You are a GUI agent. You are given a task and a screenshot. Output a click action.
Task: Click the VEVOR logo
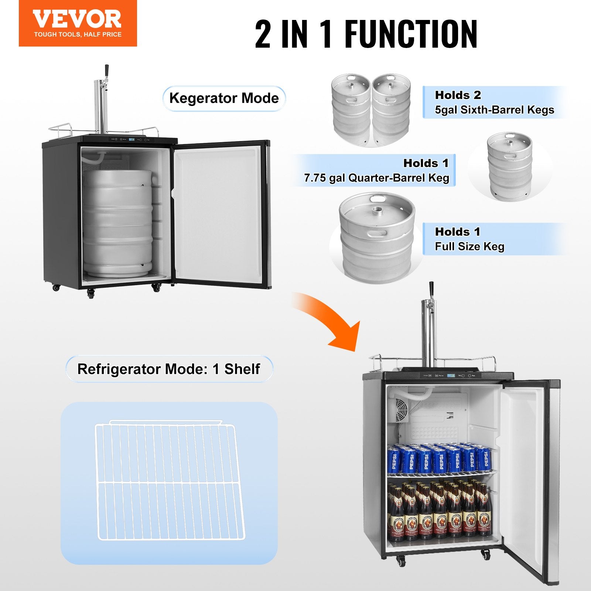(x=77, y=19)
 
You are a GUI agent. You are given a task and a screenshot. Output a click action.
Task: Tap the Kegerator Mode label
(x=224, y=98)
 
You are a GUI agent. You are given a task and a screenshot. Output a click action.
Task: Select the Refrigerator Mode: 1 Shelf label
(x=169, y=369)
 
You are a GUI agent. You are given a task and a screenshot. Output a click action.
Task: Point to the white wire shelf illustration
(x=169, y=480)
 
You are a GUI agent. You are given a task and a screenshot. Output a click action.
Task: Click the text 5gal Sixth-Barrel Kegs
(x=494, y=110)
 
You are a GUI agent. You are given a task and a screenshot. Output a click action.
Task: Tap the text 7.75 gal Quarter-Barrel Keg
(x=376, y=178)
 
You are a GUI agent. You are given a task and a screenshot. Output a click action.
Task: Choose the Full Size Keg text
(x=469, y=246)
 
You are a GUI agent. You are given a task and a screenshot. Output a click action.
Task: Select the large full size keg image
(x=377, y=237)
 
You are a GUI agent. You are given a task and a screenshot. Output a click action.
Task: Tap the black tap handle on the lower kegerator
(x=431, y=288)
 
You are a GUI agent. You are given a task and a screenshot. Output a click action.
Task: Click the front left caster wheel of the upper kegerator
(x=90, y=293)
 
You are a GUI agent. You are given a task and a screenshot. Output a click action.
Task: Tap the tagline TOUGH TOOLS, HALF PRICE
(x=78, y=35)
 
